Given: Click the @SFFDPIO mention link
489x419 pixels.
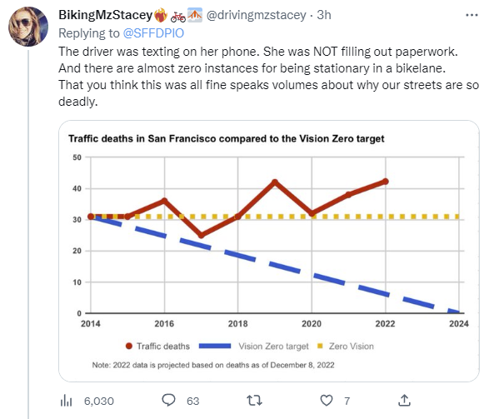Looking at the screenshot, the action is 153,33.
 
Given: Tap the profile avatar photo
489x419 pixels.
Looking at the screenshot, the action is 28,27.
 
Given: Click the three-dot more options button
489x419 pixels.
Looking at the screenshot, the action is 472,15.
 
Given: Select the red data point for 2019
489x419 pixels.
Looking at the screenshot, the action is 275,182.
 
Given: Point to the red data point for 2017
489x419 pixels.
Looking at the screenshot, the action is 202,235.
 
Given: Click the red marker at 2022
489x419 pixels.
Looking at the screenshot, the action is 385,182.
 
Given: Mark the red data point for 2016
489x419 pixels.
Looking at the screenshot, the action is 164,201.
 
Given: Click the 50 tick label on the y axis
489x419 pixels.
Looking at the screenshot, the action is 77,157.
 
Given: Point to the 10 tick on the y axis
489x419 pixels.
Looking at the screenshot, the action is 77,282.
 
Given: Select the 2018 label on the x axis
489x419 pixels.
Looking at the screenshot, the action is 237,323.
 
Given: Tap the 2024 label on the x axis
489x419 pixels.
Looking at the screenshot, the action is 459,323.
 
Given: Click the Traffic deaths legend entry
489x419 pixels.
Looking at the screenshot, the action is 157,346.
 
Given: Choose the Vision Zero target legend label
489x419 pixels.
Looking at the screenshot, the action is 273,346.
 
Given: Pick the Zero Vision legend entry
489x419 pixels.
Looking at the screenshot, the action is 345,346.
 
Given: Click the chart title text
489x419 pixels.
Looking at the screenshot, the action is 227,138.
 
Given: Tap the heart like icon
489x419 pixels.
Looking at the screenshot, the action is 327,401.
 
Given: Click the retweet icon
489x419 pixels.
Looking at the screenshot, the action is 254,401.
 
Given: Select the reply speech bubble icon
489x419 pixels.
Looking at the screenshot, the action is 169,400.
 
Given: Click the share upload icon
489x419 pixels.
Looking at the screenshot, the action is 404,401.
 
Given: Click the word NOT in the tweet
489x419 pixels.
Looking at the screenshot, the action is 325,52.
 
